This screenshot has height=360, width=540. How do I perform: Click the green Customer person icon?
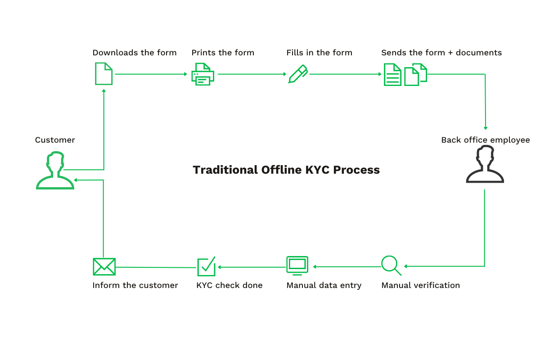click(55, 171)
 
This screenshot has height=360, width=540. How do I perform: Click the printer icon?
click(203, 74)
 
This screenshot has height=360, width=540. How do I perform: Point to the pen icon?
click(297, 74)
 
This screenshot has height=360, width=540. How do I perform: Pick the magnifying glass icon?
click(391, 265)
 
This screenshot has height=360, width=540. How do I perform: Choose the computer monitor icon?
click(297, 265)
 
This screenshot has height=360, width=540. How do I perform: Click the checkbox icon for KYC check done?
click(207, 266)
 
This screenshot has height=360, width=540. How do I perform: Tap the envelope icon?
click(104, 266)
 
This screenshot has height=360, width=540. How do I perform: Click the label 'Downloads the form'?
click(135, 53)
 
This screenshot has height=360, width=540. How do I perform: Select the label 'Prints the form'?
click(223, 53)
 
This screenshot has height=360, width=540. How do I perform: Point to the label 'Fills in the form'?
click(319, 53)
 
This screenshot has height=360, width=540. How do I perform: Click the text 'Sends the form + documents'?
click(441, 53)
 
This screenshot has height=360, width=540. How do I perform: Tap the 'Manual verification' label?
click(420, 285)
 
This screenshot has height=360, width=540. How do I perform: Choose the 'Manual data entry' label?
click(324, 285)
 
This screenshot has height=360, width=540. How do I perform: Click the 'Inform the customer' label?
click(135, 285)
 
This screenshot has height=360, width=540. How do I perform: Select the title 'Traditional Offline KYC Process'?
click(286, 170)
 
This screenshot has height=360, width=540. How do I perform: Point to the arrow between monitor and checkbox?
click(252, 267)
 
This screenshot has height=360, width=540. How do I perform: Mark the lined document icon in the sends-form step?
click(392, 74)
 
